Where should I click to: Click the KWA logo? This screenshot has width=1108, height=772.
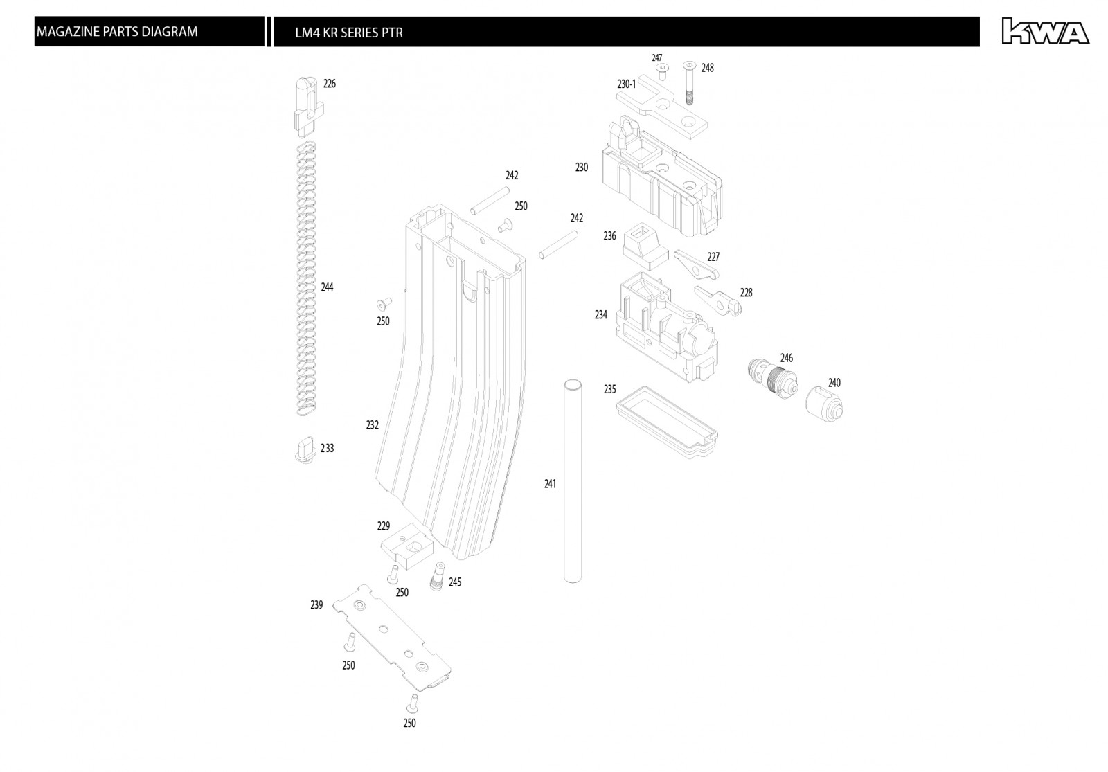pyautogui.click(x=1044, y=32)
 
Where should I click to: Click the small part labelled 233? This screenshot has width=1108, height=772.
pyautogui.click(x=305, y=449)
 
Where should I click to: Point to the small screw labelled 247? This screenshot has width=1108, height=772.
pyautogui.click(x=662, y=70)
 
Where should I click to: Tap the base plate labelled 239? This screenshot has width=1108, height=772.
pyautogui.click(x=391, y=636)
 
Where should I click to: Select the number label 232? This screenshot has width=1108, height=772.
pyautogui.click(x=373, y=425)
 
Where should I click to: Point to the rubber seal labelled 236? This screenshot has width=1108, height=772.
pyautogui.click(x=645, y=246)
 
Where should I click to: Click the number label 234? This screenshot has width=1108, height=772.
pyautogui.click(x=601, y=315)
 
